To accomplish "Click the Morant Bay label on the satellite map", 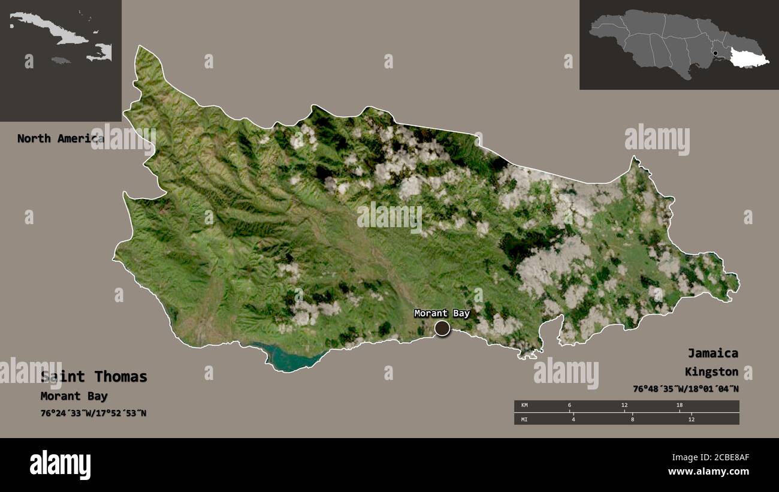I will pos(442,313).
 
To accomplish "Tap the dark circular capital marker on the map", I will pos(442,328).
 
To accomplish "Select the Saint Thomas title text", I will pos(94,377).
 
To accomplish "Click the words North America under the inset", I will pos(60,138).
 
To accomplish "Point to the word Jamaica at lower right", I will pos(712,353).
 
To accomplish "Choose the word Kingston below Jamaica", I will pos(712,372).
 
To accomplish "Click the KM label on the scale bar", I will pos(525,406).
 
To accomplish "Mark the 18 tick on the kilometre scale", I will pos(680,406).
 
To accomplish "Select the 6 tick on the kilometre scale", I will pos(569,406).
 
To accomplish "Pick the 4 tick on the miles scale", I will pos(573,419).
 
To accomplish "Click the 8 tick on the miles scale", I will pos(632,419).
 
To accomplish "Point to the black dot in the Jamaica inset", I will pos(715,53).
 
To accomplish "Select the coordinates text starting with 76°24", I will pos(93,413).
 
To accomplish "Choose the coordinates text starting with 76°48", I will pos(686,389).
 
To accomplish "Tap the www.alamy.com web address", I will pos(709,472).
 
